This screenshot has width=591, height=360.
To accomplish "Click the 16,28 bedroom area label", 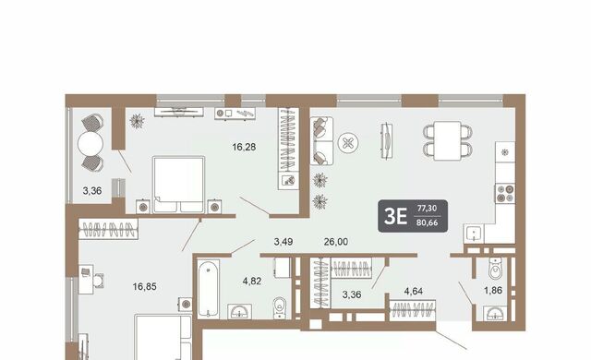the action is point(244,147).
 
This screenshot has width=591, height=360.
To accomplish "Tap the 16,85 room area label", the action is point(144,287).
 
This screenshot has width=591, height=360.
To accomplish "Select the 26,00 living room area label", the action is point(336,242).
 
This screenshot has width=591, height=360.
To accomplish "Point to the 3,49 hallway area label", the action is point(283,242).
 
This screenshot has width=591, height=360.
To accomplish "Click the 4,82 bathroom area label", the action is point(252,281).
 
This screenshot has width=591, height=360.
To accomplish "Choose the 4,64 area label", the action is point(413,291).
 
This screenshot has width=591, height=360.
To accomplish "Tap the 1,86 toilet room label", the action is point(493,291).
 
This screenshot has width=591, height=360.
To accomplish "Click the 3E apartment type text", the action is point(395,217).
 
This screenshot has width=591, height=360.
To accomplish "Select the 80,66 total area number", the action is point(427,222).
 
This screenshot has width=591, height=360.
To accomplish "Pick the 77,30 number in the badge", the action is point(427,209).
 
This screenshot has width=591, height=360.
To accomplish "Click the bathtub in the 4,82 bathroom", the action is point(208,288).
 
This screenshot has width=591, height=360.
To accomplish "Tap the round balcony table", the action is point(90,143).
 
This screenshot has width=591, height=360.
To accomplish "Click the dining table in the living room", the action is point(447,141).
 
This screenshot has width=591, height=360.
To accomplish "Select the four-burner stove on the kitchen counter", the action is point(505,193).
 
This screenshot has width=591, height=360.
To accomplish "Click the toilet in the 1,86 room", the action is point(495,268).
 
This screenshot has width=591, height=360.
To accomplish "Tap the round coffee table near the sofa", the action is point(348,143).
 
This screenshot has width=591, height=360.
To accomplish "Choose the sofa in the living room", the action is point(321,140).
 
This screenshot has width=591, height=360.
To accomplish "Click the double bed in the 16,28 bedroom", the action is point(178,185).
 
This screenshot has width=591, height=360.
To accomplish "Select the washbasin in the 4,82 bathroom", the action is point(240,312).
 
